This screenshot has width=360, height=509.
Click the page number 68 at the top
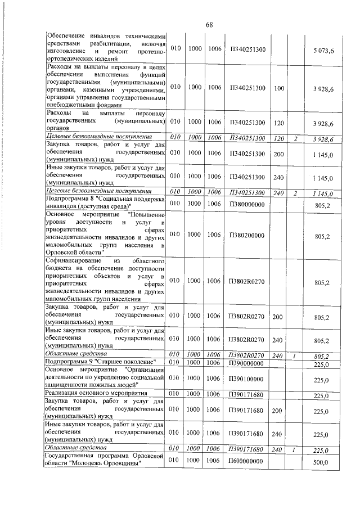click(209, 24)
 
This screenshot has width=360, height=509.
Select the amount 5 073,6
click(323, 51)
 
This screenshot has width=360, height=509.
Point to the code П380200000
click(247, 235)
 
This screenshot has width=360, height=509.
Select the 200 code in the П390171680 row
click(277, 412)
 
